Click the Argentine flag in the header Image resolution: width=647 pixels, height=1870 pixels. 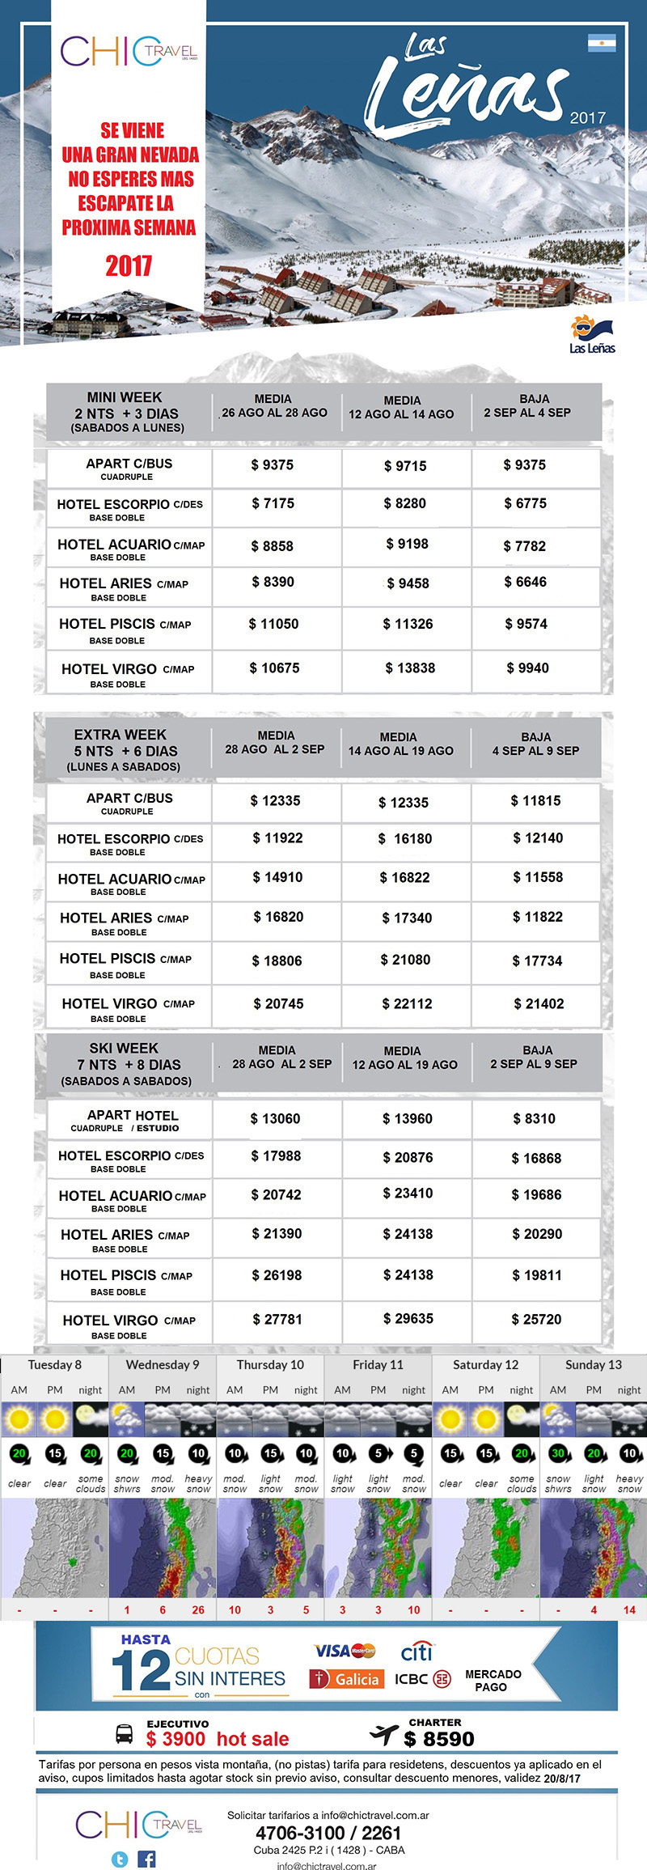coord(602,43)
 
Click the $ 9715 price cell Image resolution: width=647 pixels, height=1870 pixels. coord(404,466)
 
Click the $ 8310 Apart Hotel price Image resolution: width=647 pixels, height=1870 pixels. coord(534,1118)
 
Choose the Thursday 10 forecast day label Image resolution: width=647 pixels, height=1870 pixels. coord(270,1364)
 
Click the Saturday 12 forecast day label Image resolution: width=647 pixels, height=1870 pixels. coord(485,1364)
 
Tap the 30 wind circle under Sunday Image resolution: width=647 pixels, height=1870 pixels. coord(558,1452)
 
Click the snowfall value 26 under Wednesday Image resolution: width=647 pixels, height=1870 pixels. coord(198,1609)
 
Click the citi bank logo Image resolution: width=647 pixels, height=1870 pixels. coord(417,1651)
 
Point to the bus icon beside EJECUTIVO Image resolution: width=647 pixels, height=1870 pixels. coord(125,1733)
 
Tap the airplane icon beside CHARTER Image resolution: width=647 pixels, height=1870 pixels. coord(383,1732)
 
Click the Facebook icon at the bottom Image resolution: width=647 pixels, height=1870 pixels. coord(146,1859)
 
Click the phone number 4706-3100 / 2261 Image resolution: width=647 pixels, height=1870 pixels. coord(328,1833)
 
